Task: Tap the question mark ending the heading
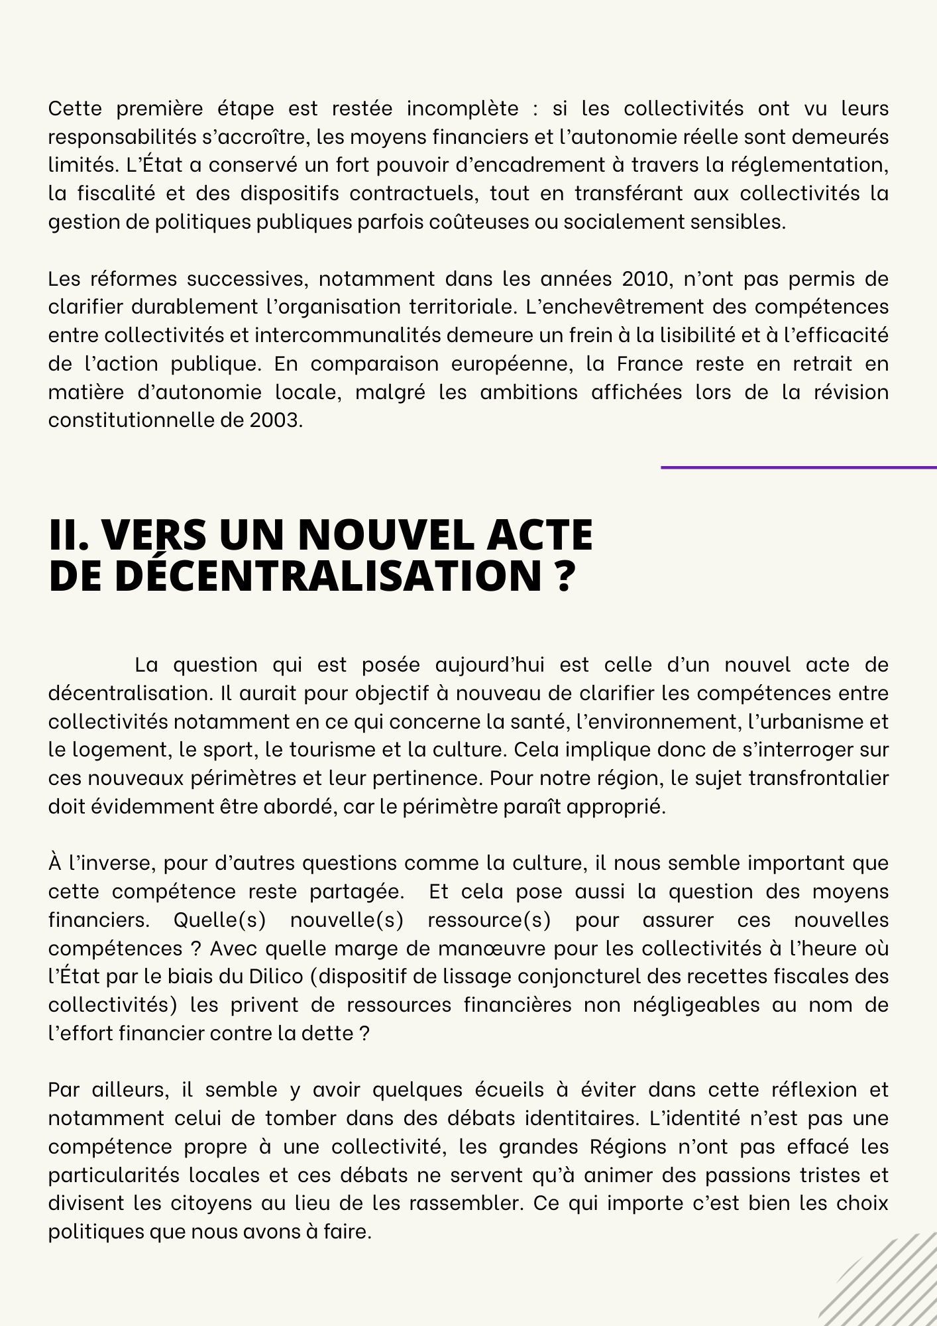[563, 575]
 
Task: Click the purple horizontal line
[798, 467]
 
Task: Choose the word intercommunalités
[347, 335]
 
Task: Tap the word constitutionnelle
[137, 420]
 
